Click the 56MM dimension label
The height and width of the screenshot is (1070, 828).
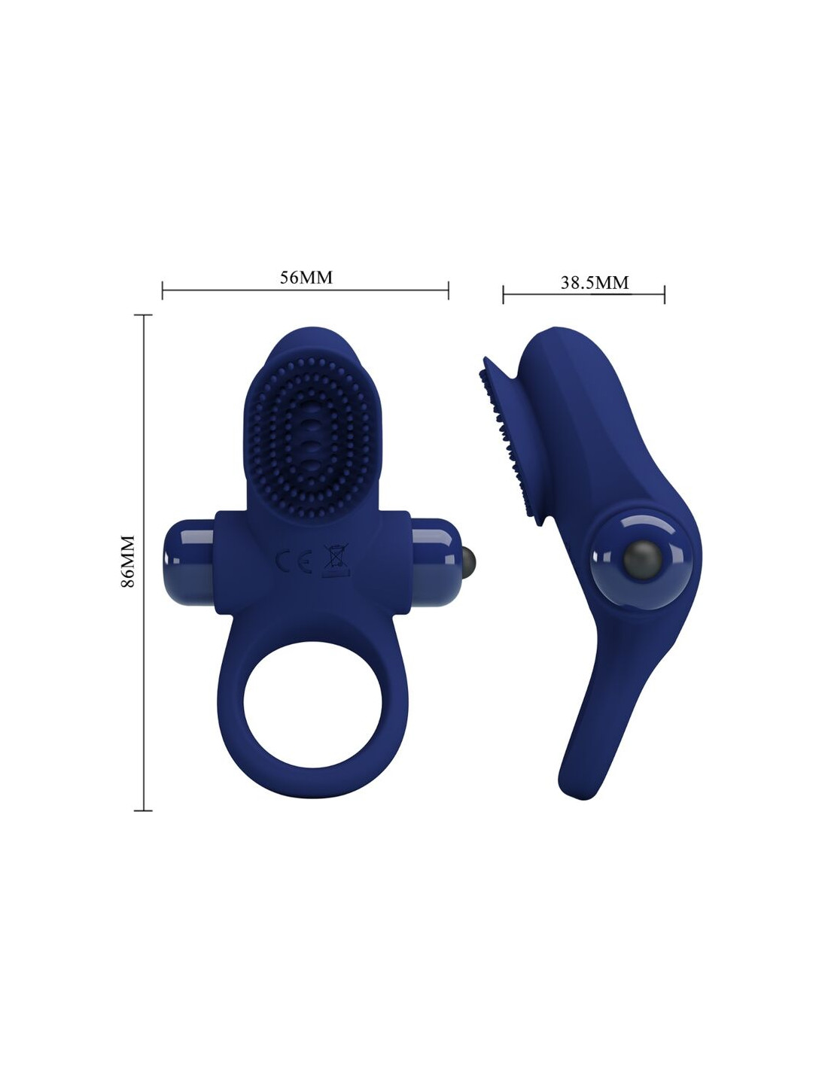point(306,277)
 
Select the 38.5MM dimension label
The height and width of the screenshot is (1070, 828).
point(595,282)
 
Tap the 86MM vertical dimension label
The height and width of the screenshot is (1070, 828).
point(127,561)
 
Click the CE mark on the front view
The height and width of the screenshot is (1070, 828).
point(293,561)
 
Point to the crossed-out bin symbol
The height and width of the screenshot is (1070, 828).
point(336,559)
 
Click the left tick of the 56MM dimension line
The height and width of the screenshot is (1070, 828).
point(162,290)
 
